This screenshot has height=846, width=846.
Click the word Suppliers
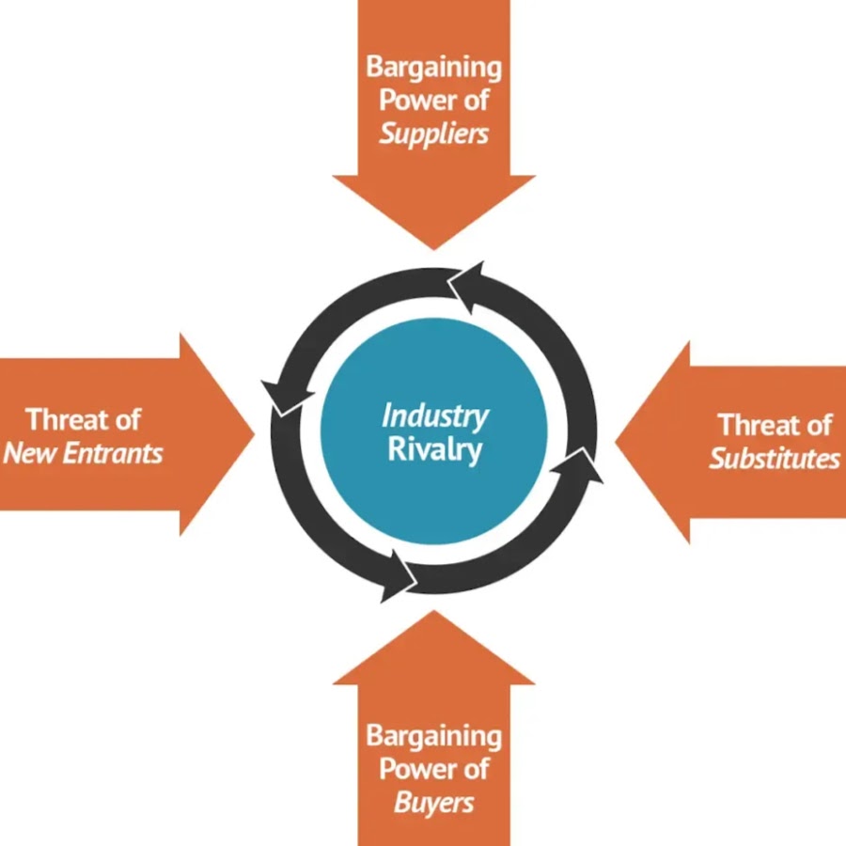tap(434, 133)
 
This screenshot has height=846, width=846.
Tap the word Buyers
tap(434, 803)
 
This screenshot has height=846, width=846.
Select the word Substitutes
tap(775, 458)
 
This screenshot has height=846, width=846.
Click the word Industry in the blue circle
tap(434, 415)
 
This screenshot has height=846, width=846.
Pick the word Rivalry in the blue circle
tap(434, 448)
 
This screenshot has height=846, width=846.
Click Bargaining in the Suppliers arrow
tap(434, 68)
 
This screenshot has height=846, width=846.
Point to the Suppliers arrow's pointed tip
tap(434, 246)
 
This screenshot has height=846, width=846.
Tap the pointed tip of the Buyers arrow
tap(434, 614)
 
